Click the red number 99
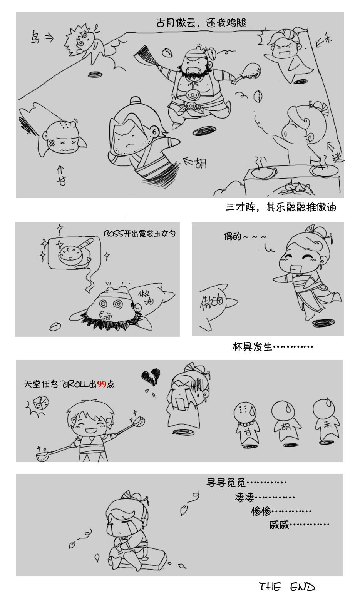pos(102,384)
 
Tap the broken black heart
pos(151,377)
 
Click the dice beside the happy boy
pos(41,403)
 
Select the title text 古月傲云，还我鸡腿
pos(201,23)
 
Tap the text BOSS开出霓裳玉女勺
pos(140,234)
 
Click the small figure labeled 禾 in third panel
pos(326,421)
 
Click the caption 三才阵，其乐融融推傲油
pos(281,207)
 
